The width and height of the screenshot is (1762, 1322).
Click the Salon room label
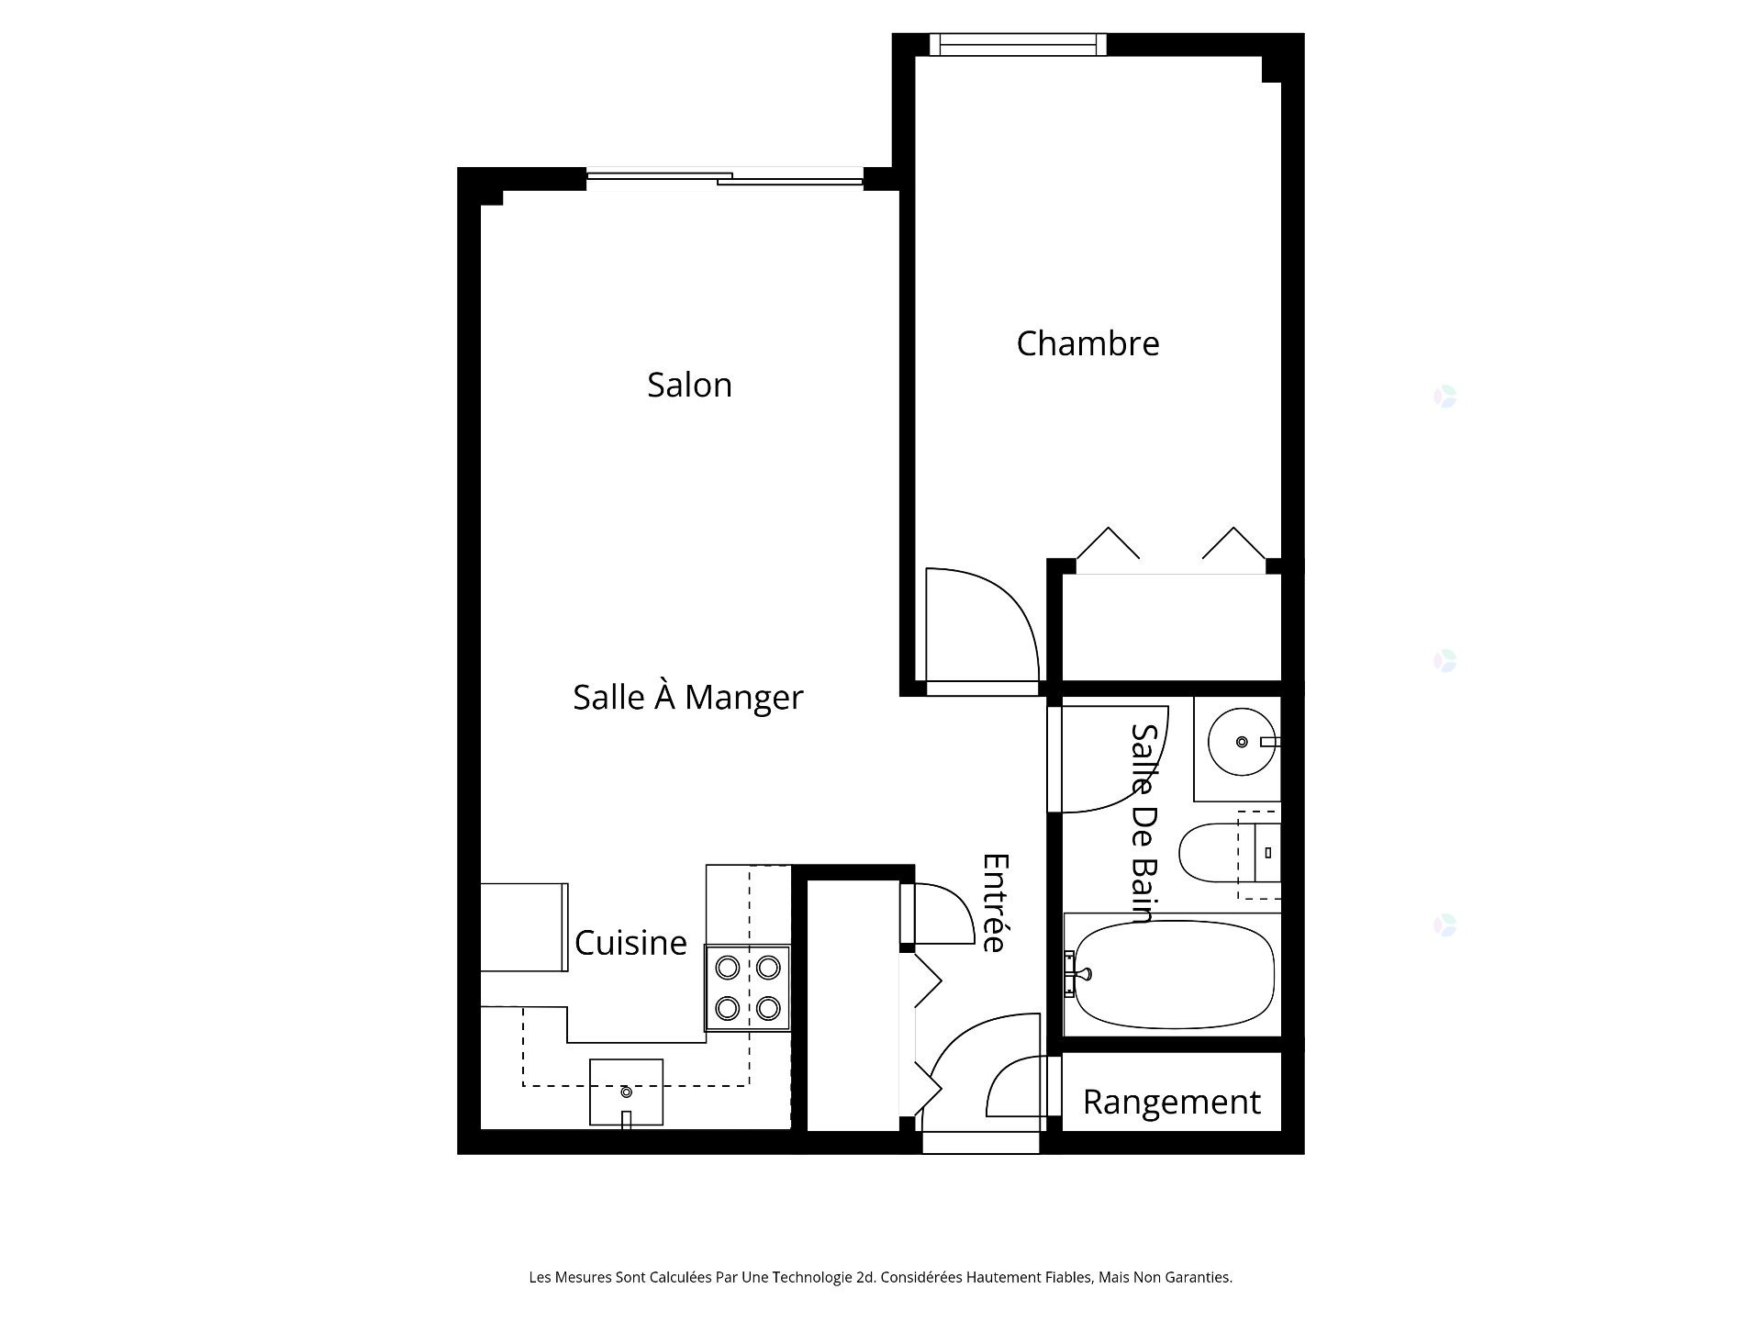[689, 385]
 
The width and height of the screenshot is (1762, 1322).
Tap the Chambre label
[1087, 343]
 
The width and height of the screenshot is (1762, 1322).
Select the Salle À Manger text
[687, 698]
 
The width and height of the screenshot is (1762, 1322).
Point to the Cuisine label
[630, 943]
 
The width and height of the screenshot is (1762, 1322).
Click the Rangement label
[1171, 1102]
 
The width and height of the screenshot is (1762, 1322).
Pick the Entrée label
[996, 903]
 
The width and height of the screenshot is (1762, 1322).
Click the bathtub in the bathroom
[1174, 975]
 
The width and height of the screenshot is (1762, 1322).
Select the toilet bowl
[1210, 853]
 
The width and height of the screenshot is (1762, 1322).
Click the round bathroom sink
[1241, 742]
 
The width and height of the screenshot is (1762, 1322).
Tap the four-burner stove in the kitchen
[747, 988]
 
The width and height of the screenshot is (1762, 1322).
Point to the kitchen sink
[626, 1092]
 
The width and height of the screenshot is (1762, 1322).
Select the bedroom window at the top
[1018, 44]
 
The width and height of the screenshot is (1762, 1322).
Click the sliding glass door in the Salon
[725, 178]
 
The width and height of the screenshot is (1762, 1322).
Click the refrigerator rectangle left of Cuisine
[523, 927]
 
